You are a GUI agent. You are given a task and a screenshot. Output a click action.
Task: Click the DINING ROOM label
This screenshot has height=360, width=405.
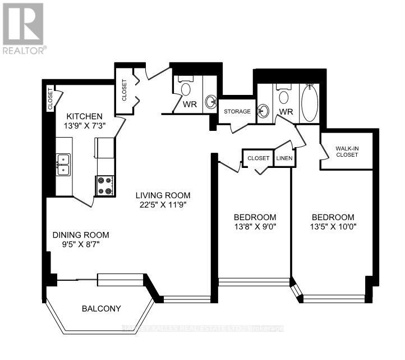coord(81,235)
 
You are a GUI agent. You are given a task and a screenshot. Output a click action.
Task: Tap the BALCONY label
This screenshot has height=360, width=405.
coord(101,308)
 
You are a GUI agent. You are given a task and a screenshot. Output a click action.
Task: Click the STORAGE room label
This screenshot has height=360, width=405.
coord(237,112)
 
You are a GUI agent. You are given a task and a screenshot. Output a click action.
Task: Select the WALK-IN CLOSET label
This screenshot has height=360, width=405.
coord(347,152)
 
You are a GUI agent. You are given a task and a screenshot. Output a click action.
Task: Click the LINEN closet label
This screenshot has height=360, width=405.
coord(285,158)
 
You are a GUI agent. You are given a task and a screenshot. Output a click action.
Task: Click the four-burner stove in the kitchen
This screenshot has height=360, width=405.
coord(105,186)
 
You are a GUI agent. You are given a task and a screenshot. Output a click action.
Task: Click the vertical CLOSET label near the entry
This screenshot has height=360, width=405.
coord(124,90)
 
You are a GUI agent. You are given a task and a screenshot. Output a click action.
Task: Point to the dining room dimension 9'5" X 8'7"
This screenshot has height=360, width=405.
coord(81,245)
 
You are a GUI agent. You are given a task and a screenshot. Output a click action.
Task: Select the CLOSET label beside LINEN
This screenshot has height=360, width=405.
coord(258,158)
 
